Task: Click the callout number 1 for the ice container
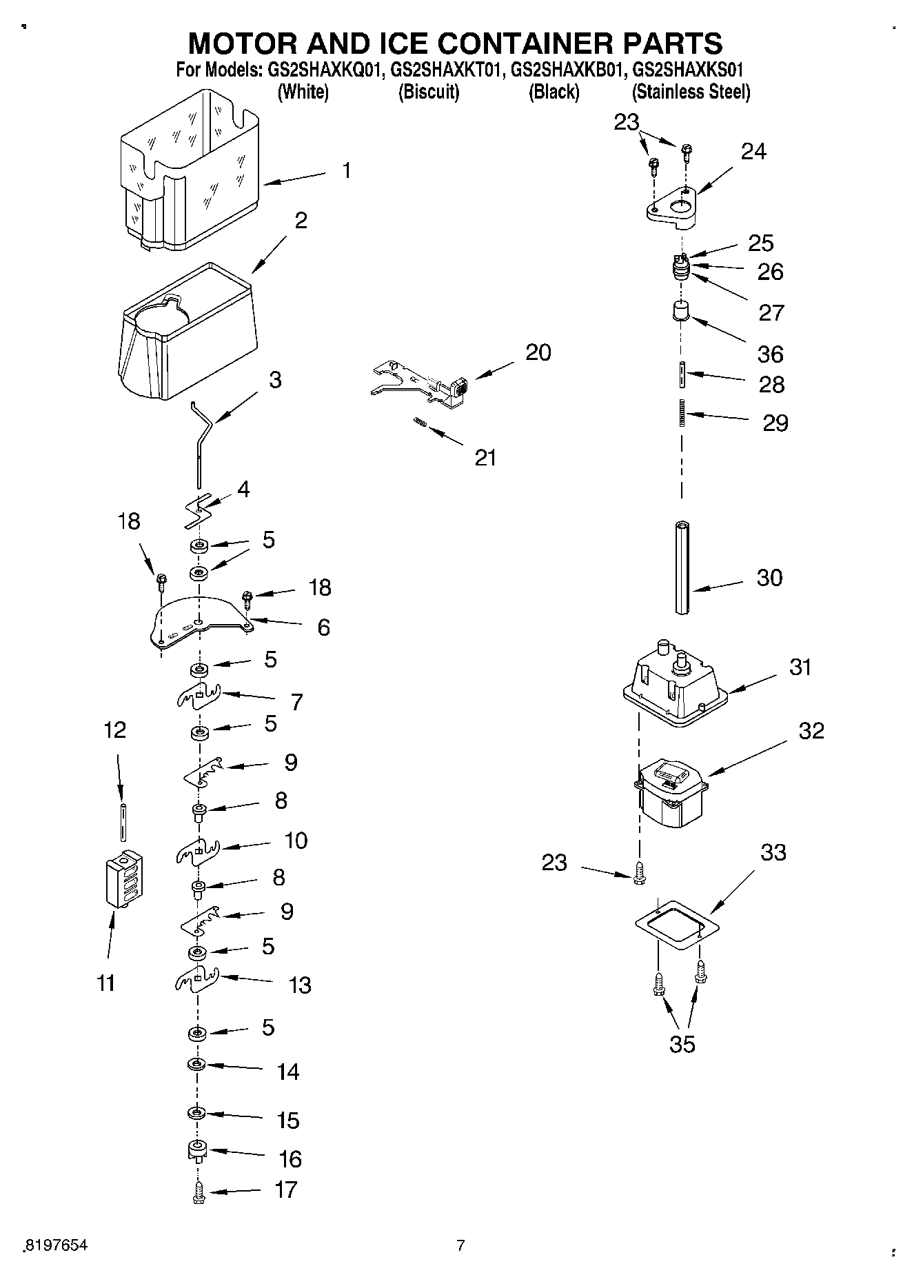tap(346, 170)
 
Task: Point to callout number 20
tap(538, 352)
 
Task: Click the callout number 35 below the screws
tap(682, 1044)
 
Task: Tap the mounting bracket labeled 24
tap(672, 207)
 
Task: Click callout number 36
tap(770, 354)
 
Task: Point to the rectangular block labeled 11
tap(124, 879)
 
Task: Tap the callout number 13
tap(300, 985)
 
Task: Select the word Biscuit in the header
tap(429, 92)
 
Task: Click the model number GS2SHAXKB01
tap(567, 70)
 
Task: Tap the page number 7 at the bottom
tap(460, 1245)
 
